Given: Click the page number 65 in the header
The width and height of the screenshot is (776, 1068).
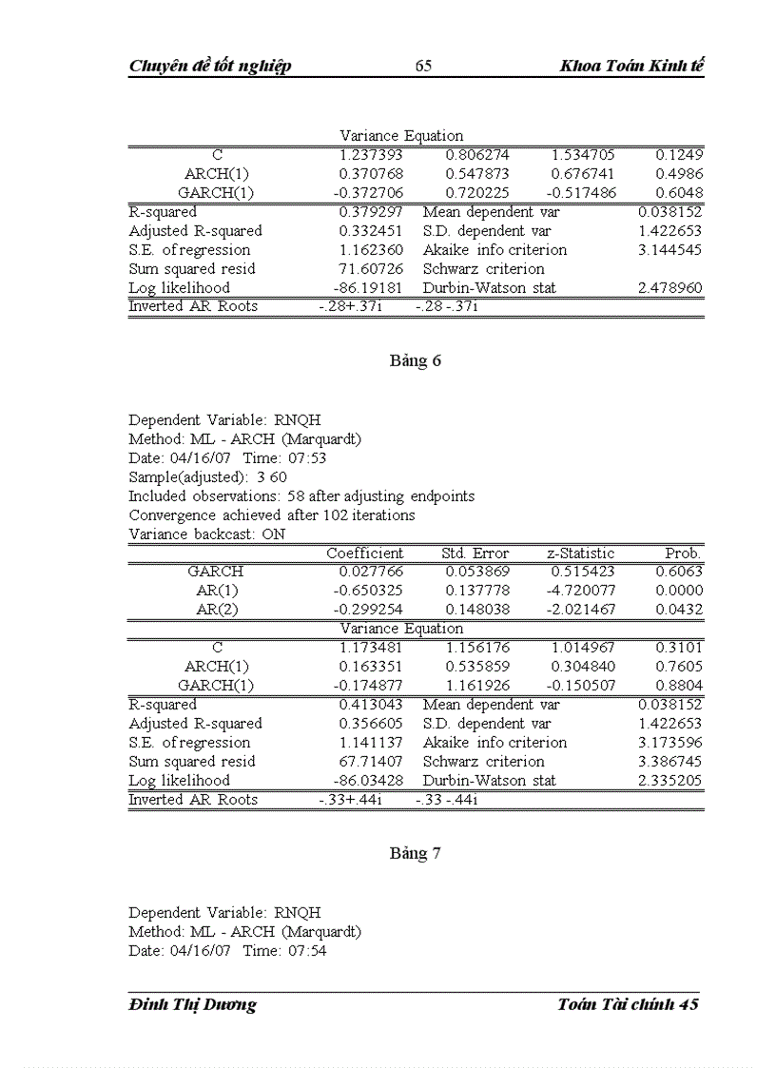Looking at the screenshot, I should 424,66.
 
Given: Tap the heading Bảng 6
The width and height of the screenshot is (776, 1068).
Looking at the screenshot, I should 416,360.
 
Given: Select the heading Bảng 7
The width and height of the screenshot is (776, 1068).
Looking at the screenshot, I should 416,853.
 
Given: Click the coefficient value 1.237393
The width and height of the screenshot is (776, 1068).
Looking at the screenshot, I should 371,155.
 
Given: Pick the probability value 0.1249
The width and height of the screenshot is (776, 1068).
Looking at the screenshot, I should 679,155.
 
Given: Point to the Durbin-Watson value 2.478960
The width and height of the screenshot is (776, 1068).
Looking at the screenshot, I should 670,287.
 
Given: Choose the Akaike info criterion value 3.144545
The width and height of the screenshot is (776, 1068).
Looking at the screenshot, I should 670,250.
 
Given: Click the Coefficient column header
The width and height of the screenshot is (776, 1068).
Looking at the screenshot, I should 365,553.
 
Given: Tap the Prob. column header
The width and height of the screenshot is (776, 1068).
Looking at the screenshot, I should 684,553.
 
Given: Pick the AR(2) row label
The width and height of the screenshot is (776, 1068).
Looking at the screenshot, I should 217,610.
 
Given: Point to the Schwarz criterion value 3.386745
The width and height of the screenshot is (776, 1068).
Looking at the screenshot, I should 670,762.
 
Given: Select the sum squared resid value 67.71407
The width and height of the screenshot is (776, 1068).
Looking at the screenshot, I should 371,762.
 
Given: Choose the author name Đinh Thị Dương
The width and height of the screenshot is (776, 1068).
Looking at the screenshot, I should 192,1004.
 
